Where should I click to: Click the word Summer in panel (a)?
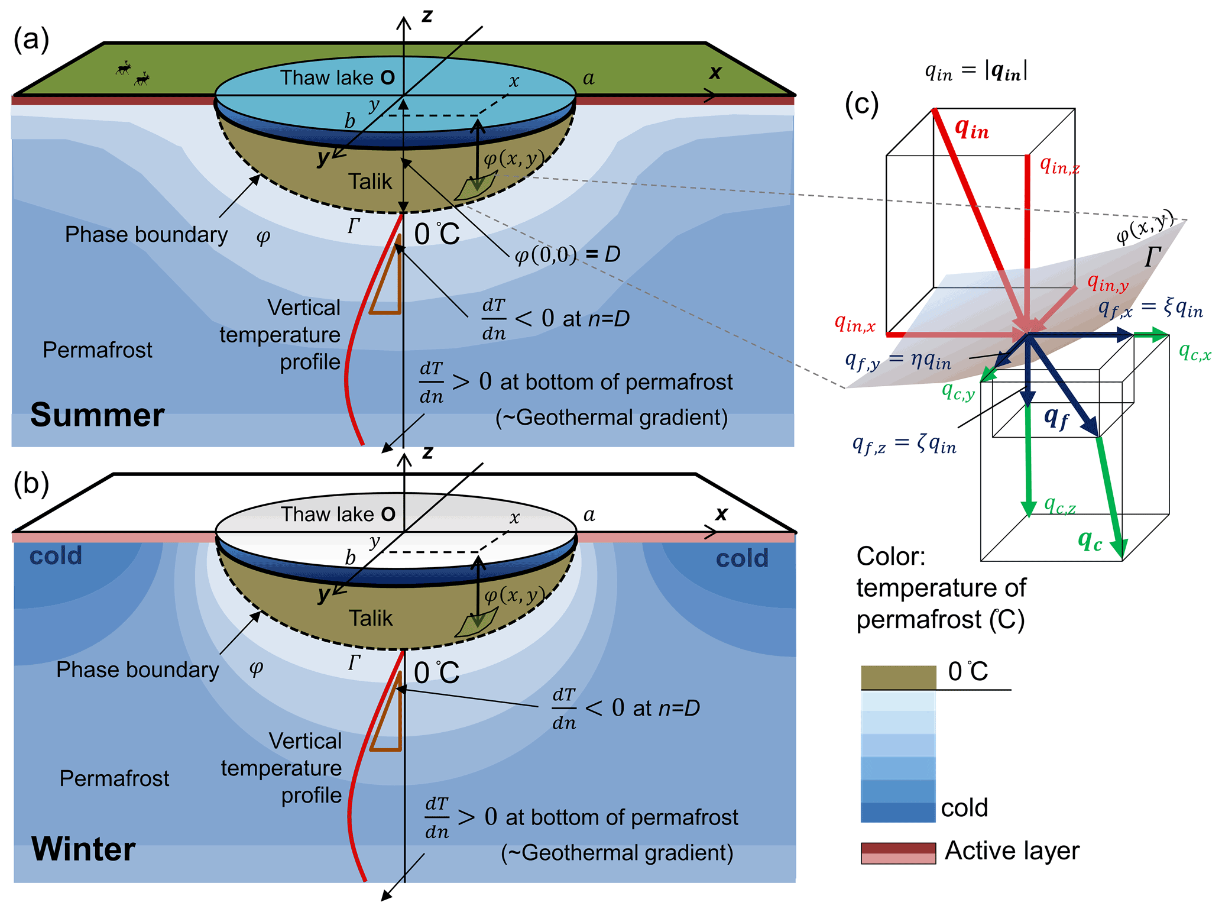click(x=97, y=415)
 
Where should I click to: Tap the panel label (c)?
click(x=861, y=105)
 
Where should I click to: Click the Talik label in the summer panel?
click(x=369, y=181)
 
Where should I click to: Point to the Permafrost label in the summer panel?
click(x=98, y=350)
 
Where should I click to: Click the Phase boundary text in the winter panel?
click(x=137, y=670)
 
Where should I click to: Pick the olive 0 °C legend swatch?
click(x=897, y=677)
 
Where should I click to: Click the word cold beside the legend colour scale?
click(x=964, y=807)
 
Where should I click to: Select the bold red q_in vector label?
click(x=971, y=128)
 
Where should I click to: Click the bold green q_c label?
click(x=1089, y=540)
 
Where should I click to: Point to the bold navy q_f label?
click(x=1056, y=418)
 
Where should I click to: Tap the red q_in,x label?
click(x=854, y=323)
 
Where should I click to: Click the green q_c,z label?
click(x=1059, y=505)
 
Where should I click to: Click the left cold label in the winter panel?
click(x=56, y=556)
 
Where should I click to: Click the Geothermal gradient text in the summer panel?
click(x=611, y=418)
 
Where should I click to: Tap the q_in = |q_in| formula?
click(x=975, y=71)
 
